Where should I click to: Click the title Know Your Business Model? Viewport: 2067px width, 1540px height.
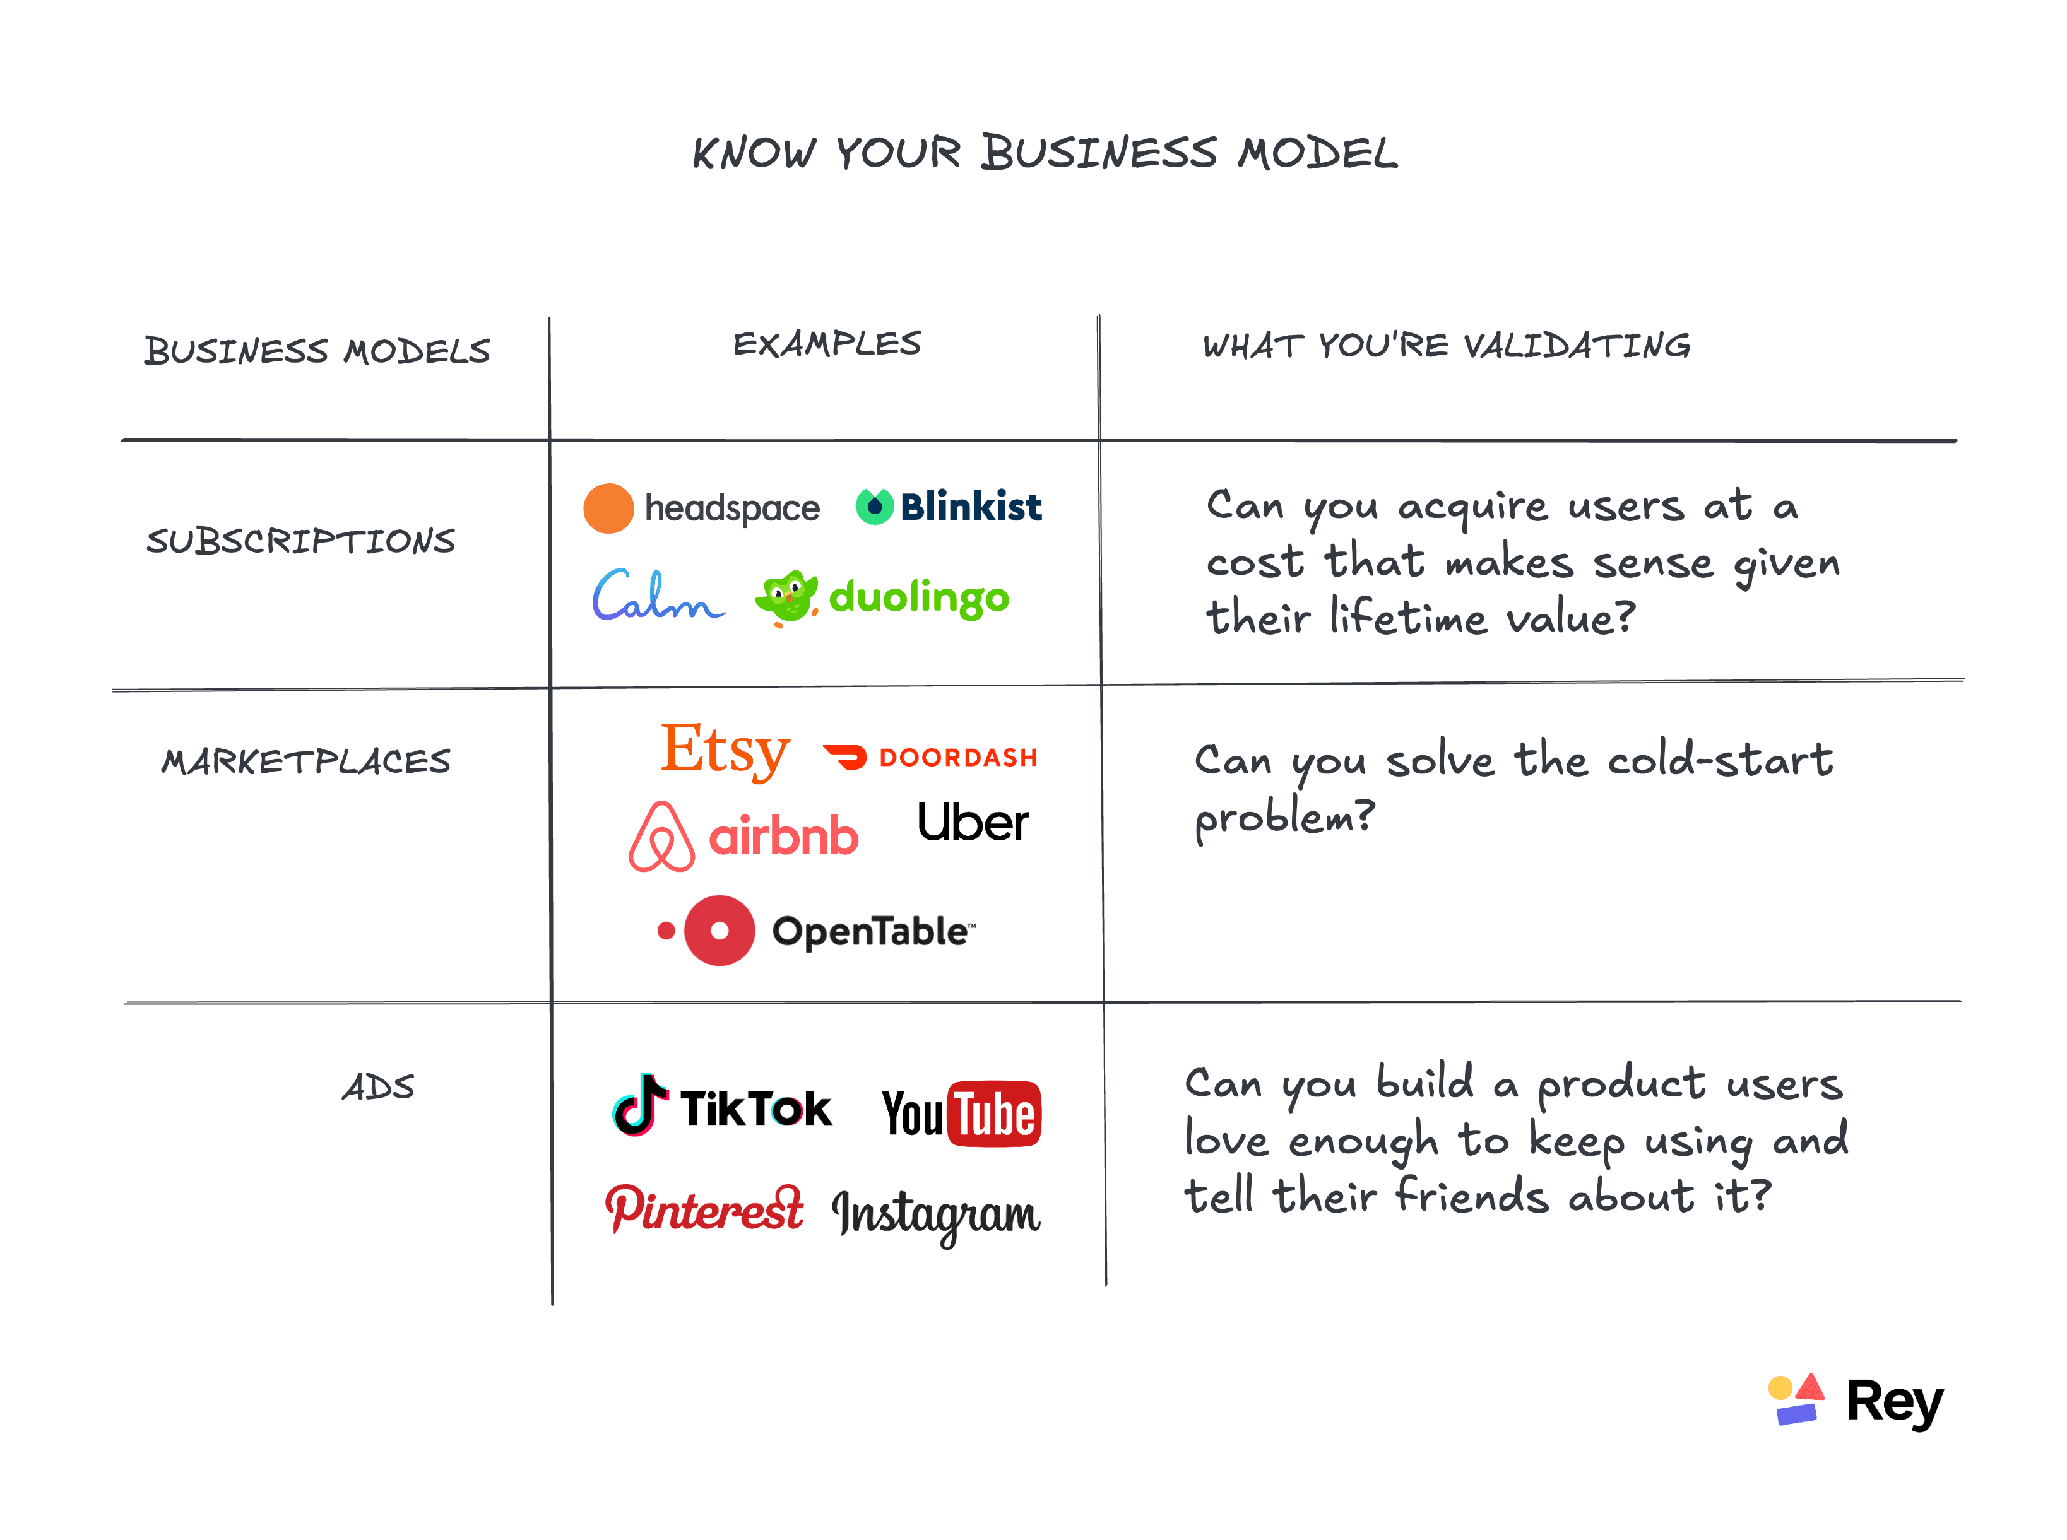(1044, 153)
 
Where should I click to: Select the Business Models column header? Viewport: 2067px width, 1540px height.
(317, 351)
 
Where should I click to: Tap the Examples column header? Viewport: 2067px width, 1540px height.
(826, 344)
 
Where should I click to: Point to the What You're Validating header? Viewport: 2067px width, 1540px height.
(1446, 346)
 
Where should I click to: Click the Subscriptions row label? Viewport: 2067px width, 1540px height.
(300, 541)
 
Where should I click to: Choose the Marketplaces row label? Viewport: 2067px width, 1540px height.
(306, 761)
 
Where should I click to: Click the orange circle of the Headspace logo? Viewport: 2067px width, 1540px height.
(608, 508)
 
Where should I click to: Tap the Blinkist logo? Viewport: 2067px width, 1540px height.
(949, 506)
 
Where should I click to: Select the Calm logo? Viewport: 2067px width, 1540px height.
(657, 596)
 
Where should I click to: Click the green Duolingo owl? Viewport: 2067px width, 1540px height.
(786, 597)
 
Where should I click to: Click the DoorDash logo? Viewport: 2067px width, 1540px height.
(930, 757)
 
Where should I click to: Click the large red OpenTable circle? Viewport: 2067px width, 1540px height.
(719, 931)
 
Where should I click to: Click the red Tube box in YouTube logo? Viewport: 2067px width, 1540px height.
(994, 1114)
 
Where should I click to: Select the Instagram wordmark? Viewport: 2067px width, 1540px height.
(935, 1214)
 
